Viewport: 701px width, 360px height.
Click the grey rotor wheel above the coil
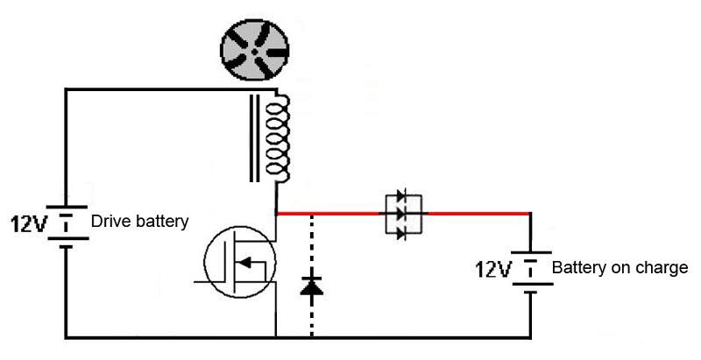tap(254, 50)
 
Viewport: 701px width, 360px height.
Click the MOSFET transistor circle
tap(239, 261)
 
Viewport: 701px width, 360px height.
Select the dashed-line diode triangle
tap(312, 286)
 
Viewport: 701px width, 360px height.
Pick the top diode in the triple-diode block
tap(401, 195)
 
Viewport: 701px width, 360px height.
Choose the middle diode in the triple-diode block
tap(401, 214)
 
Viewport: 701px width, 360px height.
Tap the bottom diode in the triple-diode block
tap(401, 232)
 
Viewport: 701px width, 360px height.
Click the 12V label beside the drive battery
tap(28, 223)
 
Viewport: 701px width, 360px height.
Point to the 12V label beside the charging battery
tap(492, 269)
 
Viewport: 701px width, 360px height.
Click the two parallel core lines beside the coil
tap(254, 138)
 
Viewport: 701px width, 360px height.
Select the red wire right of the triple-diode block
tap(478, 214)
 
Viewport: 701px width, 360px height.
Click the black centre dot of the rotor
tap(254, 53)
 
